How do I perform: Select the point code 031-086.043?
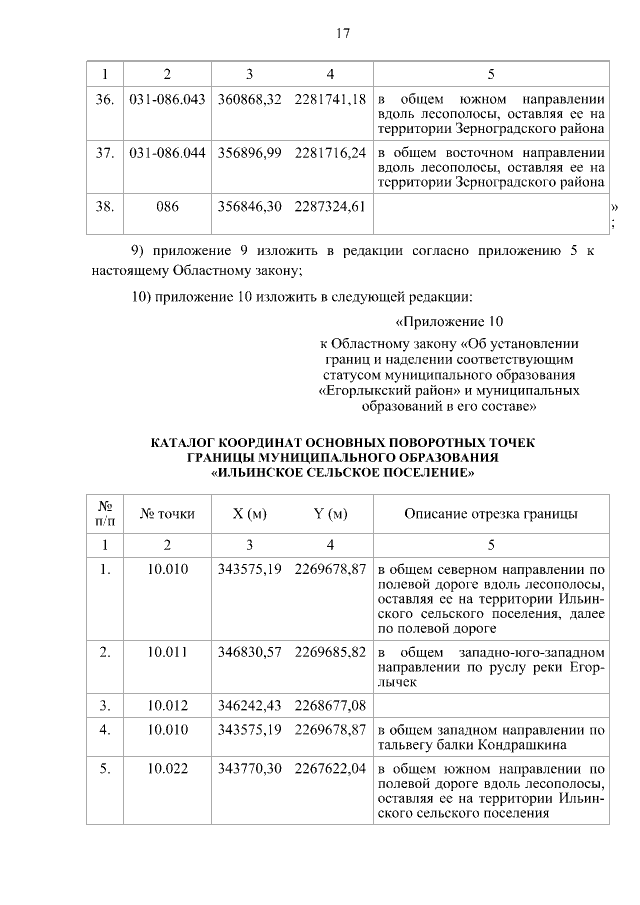(167, 101)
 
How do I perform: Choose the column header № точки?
(167, 514)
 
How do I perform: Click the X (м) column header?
(250, 514)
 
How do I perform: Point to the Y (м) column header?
(331, 514)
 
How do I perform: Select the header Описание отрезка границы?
(490, 514)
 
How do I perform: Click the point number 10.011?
(167, 652)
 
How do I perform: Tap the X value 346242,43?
(250, 707)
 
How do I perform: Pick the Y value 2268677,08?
(331, 707)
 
